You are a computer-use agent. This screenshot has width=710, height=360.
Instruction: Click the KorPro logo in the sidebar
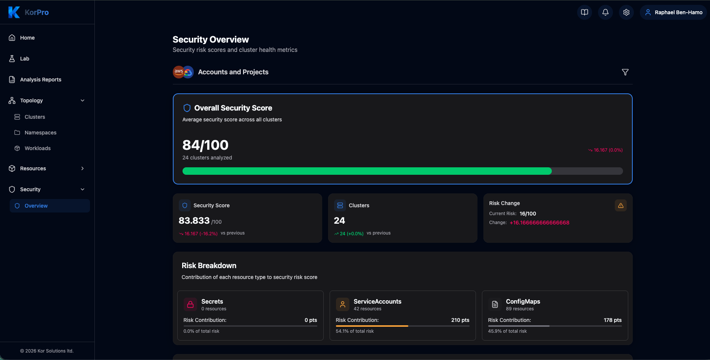coord(28,12)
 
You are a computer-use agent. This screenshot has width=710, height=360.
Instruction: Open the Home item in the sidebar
coord(27,38)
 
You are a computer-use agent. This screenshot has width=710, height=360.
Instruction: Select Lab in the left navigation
coord(25,59)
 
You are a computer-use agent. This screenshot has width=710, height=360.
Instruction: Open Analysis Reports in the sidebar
coord(40,80)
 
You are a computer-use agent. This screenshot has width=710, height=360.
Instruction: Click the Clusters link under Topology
coord(35,117)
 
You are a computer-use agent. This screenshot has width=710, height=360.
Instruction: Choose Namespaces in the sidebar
coord(40,133)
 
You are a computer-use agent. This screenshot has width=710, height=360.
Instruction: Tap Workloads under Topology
coord(37,148)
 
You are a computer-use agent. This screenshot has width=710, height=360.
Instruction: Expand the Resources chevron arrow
coord(82,168)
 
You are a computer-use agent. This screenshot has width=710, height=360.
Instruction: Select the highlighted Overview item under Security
coord(36,206)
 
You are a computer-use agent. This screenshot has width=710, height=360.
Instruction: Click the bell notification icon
coord(605,12)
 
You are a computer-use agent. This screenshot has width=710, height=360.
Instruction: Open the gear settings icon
coord(626,12)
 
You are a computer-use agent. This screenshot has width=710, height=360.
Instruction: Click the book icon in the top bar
coord(585,12)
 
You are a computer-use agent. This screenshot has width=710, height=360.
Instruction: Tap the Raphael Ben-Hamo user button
coord(674,12)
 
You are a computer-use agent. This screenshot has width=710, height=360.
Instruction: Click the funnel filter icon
coord(625,72)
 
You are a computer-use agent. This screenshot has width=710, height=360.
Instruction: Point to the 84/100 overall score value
coord(205,145)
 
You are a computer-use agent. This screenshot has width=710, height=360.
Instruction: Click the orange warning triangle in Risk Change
coord(621,205)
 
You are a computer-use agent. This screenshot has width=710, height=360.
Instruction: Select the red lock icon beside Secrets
coord(190,304)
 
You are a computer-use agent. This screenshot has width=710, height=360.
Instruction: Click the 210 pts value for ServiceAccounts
coord(460,320)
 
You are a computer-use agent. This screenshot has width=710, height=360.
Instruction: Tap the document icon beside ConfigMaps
coord(495,304)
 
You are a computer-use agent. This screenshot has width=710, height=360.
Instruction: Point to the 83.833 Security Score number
coord(194,221)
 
